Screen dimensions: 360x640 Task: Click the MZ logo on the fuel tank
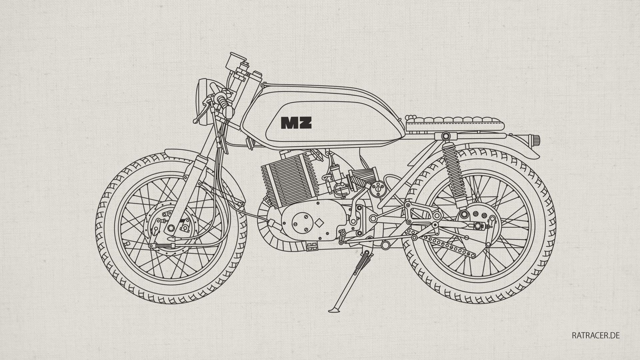[296, 123]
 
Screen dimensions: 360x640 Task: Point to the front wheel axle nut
[171, 228]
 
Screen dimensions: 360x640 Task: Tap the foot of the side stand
[333, 311]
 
